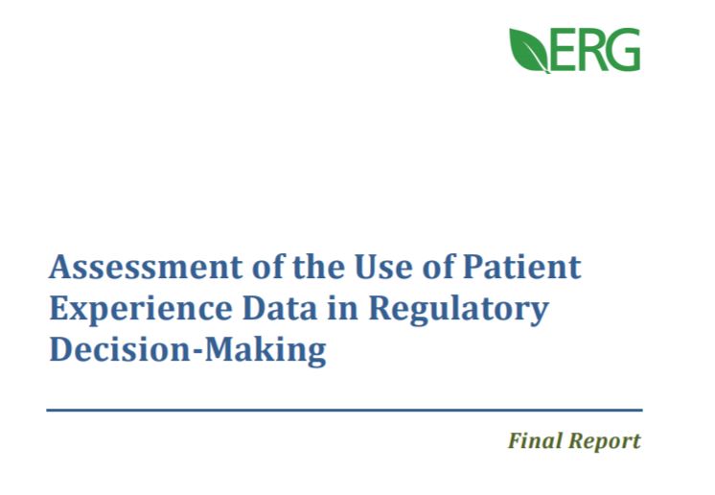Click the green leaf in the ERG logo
tap(529, 49)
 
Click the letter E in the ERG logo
tap(562, 49)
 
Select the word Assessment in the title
tap(146, 267)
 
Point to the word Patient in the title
tap(521, 267)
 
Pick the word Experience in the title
tap(141, 309)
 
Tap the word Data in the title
tap(280, 308)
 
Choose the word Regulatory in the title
tap(458, 309)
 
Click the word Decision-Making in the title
tap(188, 350)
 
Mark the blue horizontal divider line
tap(344, 411)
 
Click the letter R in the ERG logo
tap(589, 49)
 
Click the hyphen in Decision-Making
tap(196, 352)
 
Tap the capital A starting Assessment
tap(62, 267)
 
